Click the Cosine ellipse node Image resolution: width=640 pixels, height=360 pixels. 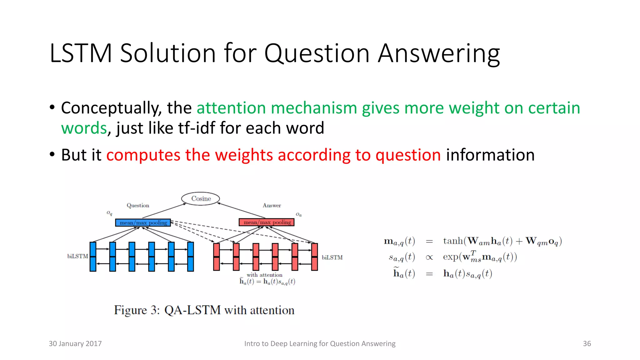201,199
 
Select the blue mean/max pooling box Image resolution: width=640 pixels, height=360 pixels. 143,222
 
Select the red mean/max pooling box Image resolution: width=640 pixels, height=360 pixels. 267,222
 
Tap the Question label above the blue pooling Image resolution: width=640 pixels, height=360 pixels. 138,205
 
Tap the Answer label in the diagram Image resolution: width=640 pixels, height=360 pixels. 272,205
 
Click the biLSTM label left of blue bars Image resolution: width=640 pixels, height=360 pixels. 77,256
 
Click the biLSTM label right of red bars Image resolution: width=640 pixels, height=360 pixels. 332,257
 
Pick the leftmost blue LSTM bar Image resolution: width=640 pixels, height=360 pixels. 93,257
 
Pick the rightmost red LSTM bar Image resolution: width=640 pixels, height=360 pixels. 314,257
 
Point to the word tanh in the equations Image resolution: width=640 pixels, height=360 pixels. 453,241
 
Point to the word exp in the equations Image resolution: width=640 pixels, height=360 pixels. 450,257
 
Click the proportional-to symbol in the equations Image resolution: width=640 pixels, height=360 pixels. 429,257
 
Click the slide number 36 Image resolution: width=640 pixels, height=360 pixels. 587,343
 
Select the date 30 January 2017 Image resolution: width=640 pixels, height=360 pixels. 75,343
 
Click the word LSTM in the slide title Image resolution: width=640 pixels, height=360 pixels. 81,53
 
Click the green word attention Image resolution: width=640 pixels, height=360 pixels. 231,108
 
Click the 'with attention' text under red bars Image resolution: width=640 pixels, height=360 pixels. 264,275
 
